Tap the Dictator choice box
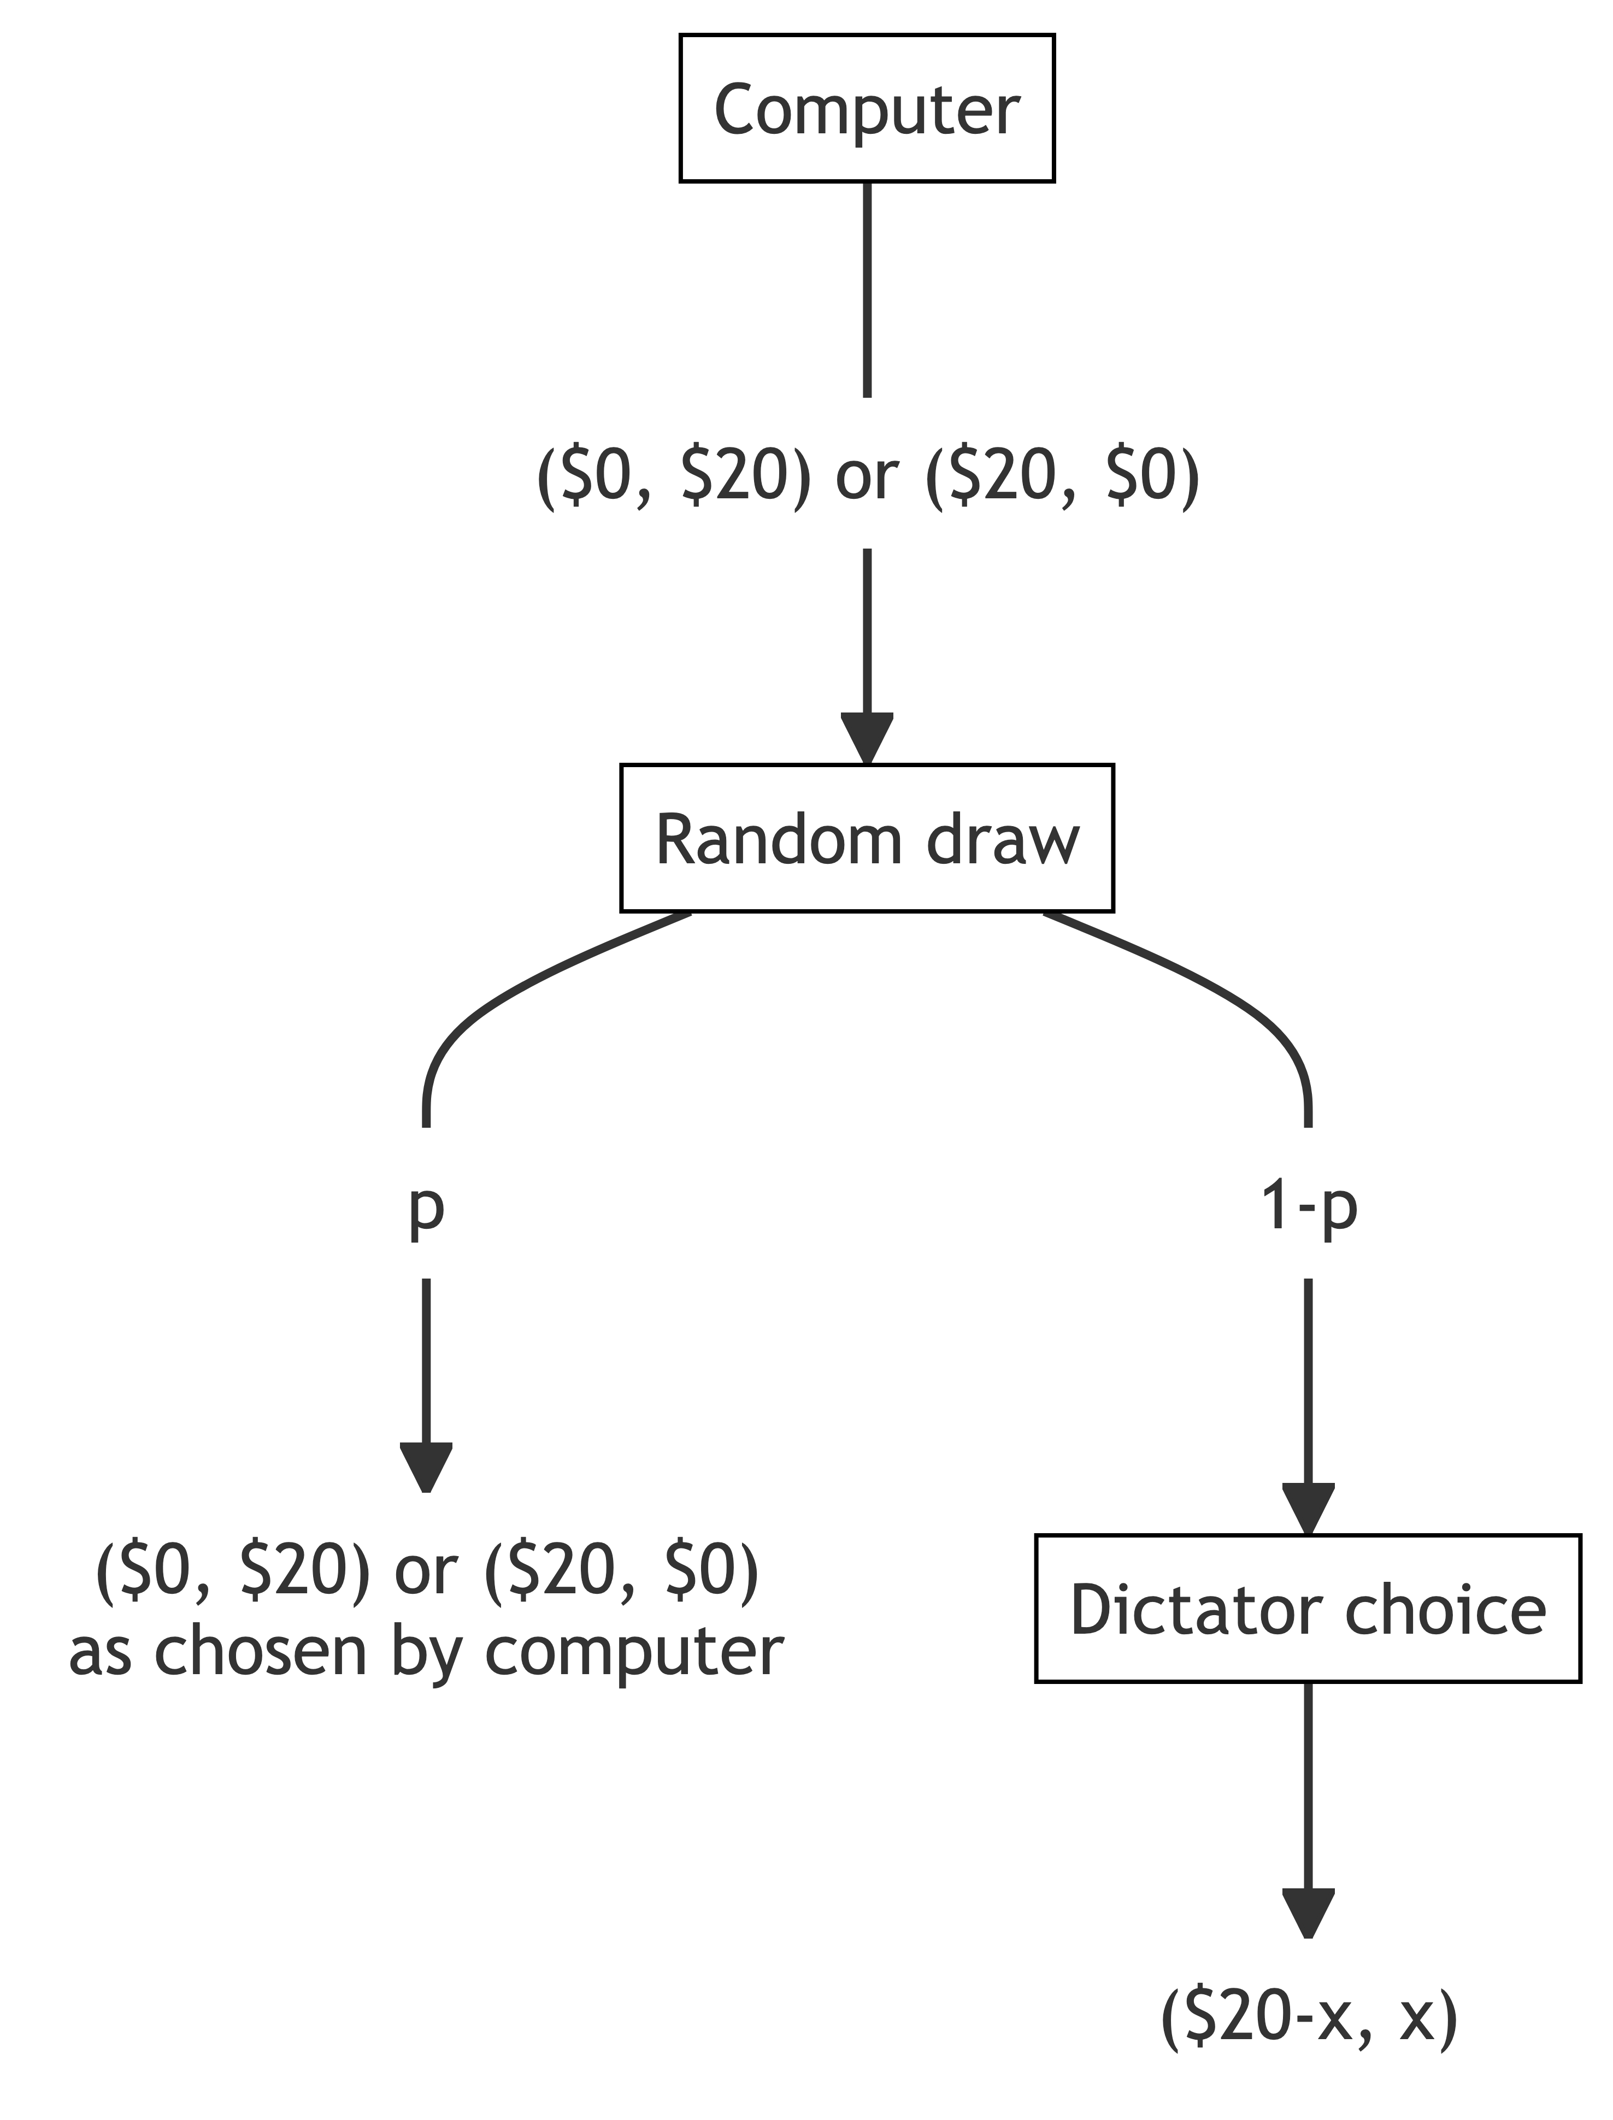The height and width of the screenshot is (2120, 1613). click(1308, 1608)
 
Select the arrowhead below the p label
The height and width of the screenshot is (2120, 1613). click(426, 1466)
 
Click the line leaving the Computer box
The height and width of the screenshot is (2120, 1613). click(867, 288)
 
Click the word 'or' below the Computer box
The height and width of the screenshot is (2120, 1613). click(867, 476)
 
